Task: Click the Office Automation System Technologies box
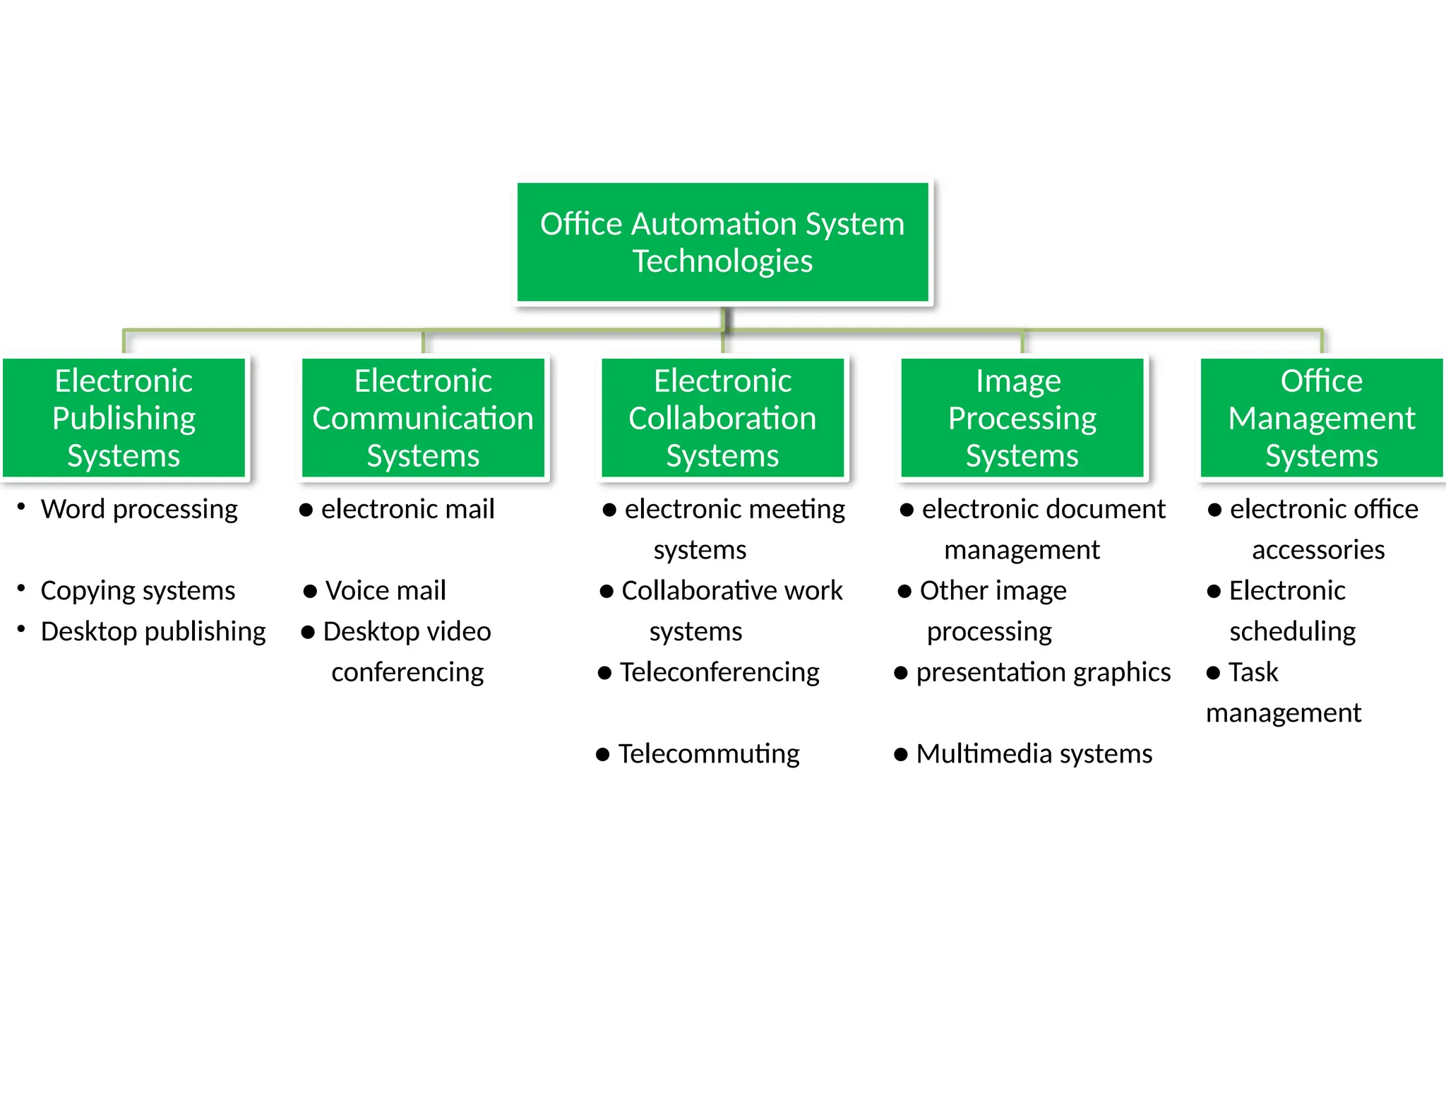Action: [x=722, y=242]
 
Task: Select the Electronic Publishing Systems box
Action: [x=124, y=418]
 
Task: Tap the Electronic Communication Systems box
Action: [x=423, y=418]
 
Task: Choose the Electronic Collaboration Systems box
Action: [x=722, y=418]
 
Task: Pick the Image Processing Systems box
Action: [x=1022, y=418]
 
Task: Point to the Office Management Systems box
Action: [x=1321, y=418]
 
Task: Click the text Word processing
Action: [x=139, y=510]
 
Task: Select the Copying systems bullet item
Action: [x=138, y=591]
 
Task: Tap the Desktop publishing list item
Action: [x=153, y=632]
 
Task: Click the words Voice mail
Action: [x=386, y=591]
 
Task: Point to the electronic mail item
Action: [x=407, y=510]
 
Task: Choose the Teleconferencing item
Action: [x=719, y=673]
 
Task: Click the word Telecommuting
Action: [x=709, y=754]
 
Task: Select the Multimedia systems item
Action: [x=1034, y=754]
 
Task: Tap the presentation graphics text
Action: [x=1043, y=673]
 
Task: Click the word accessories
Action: [x=1318, y=550]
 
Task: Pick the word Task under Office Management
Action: [x=1253, y=672]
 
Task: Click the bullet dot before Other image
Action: [x=904, y=592]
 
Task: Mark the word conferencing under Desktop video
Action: [x=407, y=673]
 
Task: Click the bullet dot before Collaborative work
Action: [x=607, y=592]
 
